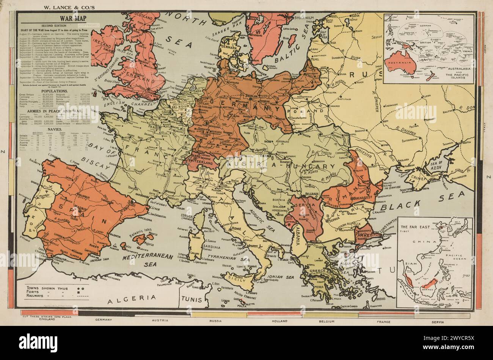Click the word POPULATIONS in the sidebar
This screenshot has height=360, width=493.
point(55,92)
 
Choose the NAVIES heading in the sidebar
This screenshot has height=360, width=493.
point(55,129)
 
